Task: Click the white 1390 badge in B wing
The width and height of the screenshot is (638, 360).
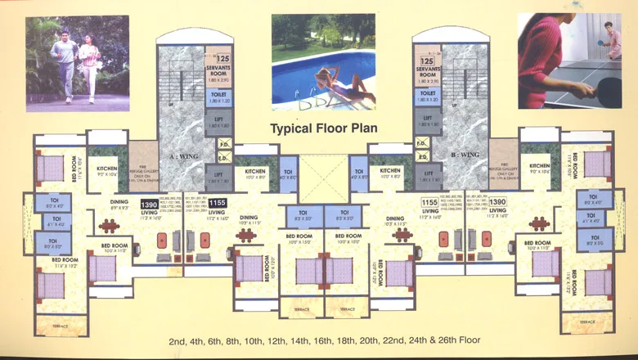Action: [497, 202]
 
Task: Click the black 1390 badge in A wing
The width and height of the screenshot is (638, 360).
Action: [149, 205]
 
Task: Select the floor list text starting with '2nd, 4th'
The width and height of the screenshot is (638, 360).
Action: [322, 340]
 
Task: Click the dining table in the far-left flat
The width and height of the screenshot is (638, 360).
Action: [110, 226]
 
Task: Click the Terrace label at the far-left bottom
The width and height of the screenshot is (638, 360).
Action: [60, 326]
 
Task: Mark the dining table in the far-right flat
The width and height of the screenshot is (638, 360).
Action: [538, 223]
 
